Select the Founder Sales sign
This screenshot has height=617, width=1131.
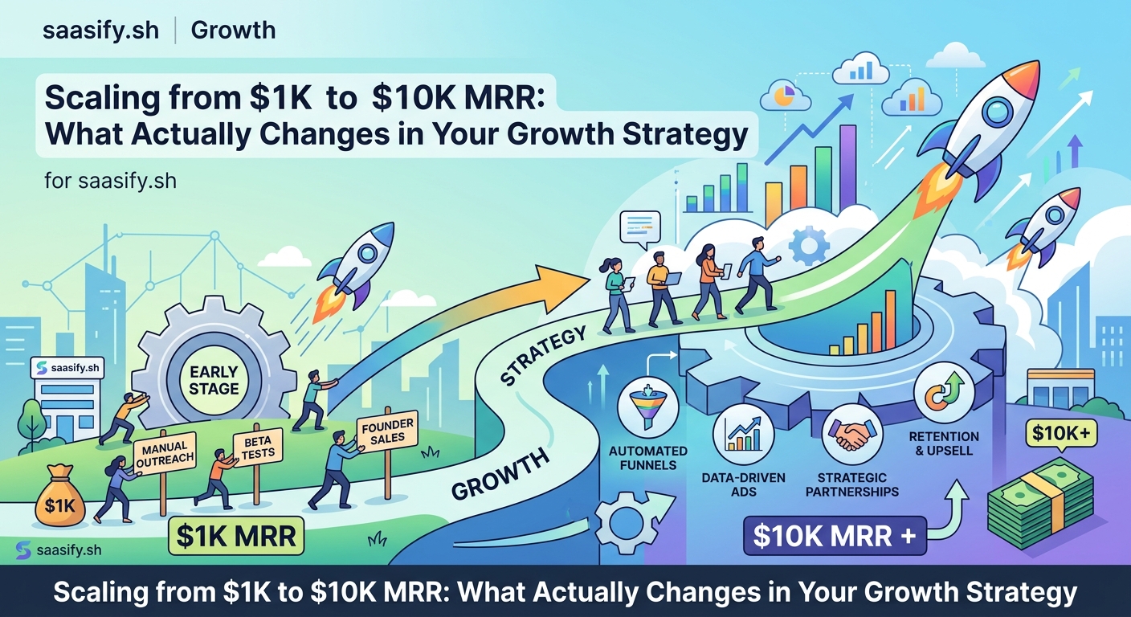(388, 432)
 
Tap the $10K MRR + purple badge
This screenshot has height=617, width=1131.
(835, 536)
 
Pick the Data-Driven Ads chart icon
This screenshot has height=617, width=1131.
(743, 434)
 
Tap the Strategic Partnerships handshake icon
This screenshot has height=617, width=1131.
(854, 435)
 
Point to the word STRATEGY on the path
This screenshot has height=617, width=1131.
(543, 354)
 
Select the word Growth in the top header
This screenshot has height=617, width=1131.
(233, 31)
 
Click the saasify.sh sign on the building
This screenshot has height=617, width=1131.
(70, 368)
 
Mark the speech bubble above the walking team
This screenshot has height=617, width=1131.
(639, 227)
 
